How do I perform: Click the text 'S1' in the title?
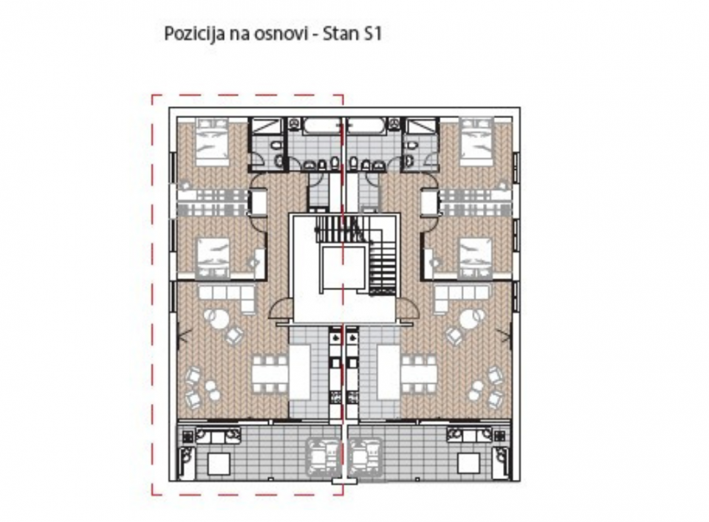point(371,34)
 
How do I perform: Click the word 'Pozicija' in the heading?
point(188,35)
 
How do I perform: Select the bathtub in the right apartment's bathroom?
point(367,126)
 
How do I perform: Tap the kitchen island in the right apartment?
point(388,371)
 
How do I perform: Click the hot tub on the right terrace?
point(366,454)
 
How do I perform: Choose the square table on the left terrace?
point(219,463)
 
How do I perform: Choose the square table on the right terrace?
point(469,463)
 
